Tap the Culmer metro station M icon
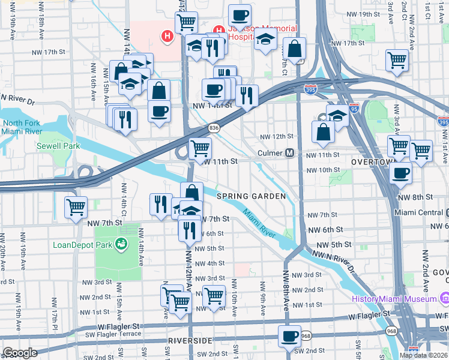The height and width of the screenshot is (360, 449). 289,153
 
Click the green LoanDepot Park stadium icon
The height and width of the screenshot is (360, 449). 121,244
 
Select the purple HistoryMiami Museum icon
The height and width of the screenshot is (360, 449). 445,298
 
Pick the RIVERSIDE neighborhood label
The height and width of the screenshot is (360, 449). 191,341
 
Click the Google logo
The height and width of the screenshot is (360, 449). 20,353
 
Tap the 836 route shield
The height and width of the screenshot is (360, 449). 213,128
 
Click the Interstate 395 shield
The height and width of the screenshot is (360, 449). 310,89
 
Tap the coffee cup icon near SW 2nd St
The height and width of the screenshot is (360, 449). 289,336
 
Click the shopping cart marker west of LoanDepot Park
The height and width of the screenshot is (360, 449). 76,208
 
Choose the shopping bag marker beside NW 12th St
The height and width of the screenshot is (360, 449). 323,133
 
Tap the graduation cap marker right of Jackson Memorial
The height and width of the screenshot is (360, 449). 265,41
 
